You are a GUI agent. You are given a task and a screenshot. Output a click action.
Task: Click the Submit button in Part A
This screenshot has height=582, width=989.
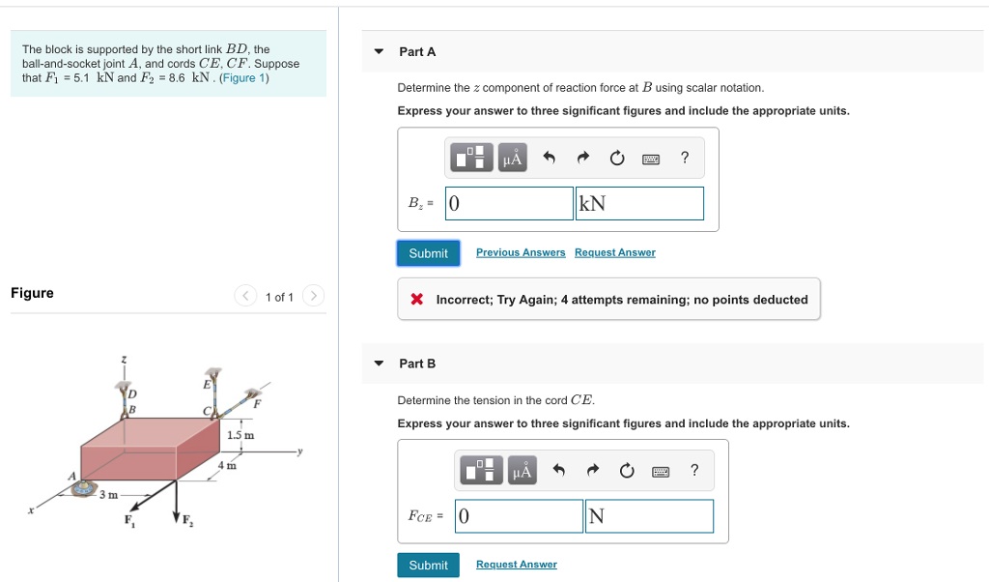click(428, 253)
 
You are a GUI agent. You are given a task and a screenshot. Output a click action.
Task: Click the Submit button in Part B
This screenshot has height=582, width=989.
click(428, 566)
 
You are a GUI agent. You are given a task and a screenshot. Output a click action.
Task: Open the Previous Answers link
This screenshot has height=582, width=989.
click(521, 252)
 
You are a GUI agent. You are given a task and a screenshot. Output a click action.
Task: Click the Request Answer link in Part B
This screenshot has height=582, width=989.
click(516, 565)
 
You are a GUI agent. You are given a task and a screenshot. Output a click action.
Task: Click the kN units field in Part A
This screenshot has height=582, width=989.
click(639, 203)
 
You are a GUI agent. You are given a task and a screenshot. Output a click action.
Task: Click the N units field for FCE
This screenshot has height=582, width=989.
click(649, 516)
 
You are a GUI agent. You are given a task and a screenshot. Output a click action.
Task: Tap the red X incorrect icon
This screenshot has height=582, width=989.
click(417, 300)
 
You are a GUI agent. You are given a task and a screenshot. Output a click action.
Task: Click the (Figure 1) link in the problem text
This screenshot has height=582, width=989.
click(244, 77)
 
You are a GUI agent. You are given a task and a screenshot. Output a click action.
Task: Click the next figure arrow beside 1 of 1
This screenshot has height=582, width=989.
click(314, 296)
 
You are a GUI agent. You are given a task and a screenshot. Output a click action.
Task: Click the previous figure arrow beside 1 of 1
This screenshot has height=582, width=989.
click(246, 296)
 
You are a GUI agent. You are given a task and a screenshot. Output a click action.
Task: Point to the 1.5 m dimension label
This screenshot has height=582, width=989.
click(240, 435)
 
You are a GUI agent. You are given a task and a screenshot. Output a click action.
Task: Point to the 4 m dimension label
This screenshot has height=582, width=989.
click(227, 466)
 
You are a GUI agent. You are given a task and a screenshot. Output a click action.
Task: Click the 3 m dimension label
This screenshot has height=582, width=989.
click(108, 495)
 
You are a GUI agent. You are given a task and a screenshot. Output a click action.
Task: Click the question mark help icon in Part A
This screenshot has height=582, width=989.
click(685, 158)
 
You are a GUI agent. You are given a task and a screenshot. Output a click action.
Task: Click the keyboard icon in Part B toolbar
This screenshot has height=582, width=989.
click(661, 472)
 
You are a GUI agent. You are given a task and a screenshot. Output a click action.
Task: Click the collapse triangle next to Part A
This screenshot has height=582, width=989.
click(379, 51)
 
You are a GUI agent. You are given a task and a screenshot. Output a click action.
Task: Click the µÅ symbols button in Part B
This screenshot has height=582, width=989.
click(522, 472)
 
